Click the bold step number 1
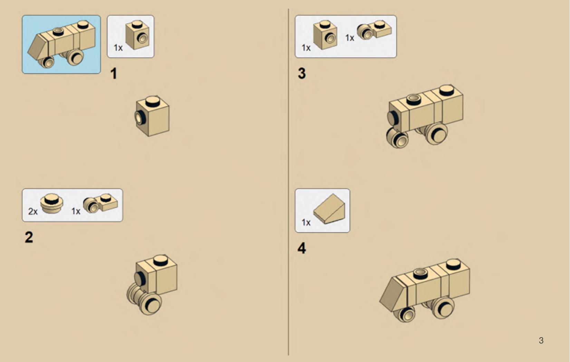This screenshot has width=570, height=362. click(114, 74)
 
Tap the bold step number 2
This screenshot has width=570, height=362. click(29, 237)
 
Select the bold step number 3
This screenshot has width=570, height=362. click(302, 73)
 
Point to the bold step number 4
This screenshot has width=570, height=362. click(302, 248)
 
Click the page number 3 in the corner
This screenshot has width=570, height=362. click(541, 340)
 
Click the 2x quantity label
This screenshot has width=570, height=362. click(33, 211)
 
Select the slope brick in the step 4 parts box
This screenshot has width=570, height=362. click(329, 209)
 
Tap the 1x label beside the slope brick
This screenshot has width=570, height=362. click(306, 222)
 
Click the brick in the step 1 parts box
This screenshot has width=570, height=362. click(137, 35)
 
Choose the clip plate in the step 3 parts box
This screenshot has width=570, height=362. click(374, 30)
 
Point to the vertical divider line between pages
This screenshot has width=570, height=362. click(289, 182)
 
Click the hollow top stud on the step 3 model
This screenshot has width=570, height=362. click(414, 99)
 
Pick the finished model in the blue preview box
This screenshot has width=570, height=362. click(61, 44)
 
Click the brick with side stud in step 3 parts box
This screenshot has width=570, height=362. click(325, 35)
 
